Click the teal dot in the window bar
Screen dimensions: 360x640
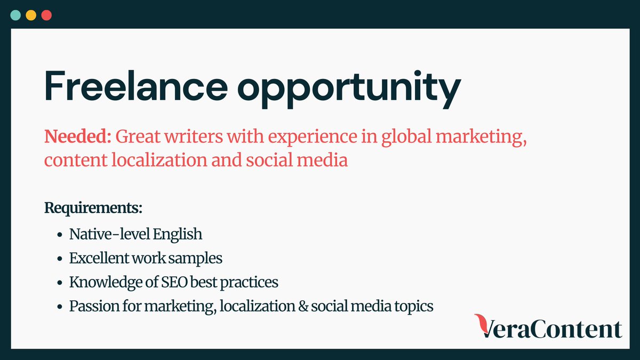pos(16,15)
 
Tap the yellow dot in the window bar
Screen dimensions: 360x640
pos(31,15)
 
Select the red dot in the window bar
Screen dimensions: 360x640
pos(46,15)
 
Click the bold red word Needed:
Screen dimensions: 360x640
pos(77,137)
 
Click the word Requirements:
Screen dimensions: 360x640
pos(93,207)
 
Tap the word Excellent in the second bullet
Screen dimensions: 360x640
pos(100,259)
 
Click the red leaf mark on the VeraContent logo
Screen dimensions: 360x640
pos(483,324)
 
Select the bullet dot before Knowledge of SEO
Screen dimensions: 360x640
pos(59,283)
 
